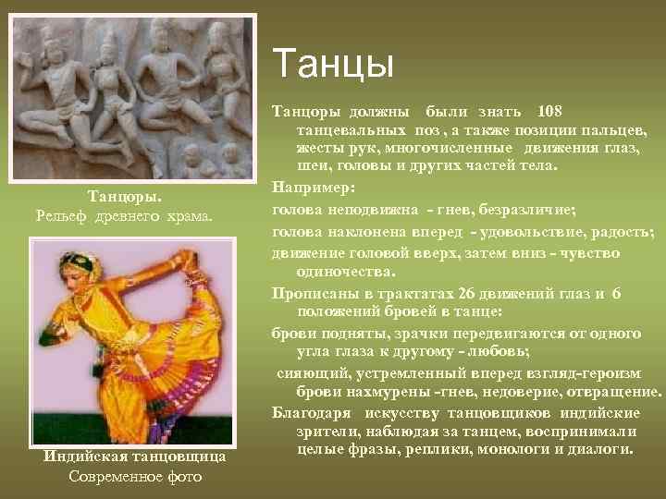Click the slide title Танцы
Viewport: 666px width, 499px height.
point(334,66)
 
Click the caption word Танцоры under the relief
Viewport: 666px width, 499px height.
point(124,197)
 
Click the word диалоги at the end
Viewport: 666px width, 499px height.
point(599,450)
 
